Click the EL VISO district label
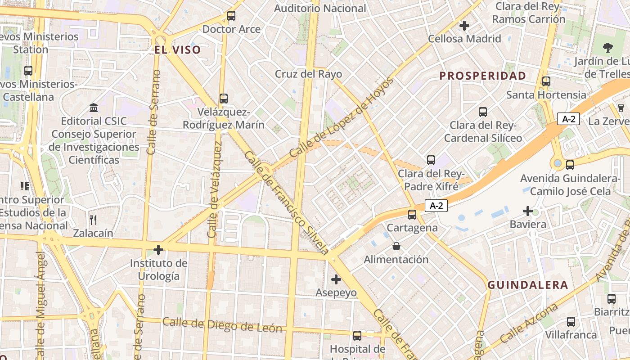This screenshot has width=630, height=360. click(x=177, y=50)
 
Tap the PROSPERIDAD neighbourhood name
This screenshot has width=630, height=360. click(x=483, y=76)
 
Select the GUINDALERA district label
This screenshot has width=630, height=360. click(x=528, y=285)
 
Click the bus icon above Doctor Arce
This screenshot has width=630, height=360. click(x=231, y=16)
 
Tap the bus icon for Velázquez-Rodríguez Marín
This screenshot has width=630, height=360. click(x=224, y=98)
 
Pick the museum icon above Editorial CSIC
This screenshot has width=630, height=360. click(x=94, y=108)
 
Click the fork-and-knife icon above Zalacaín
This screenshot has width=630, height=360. click(x=93, y=220)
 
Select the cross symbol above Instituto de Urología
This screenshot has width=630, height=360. click(x=158, y=249)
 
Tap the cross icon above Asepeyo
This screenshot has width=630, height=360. click(x=336, y=279)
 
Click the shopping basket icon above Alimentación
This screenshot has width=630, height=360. click(x=396, y=246)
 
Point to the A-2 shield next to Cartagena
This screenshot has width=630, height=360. click(x=436, y=206)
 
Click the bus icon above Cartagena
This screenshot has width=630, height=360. click(x=412, y=214)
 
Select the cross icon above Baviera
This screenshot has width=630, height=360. click(x=528, y=211)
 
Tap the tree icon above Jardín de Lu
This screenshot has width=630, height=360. click(x=607, y=47)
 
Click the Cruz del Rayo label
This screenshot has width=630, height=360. click(x=308, y=74)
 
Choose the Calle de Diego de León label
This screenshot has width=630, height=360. click(x=222, y=325)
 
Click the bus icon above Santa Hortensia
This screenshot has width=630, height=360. click(x=546, y=81)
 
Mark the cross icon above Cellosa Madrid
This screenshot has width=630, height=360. click(x=464, y=26)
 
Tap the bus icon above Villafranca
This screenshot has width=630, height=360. click(x=571, y=321)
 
